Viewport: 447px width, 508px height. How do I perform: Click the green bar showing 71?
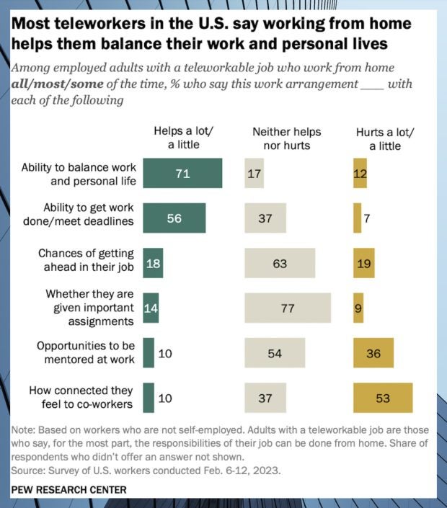coord(182,173)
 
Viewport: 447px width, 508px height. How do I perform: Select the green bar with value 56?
coord(174,218)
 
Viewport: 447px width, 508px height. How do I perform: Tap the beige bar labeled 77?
coord(287,308)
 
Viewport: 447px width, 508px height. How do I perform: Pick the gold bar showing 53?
coord(382,398)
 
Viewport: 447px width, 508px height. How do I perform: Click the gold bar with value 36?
coord(373,353)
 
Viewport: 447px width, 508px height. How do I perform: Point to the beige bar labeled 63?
coord(280,263)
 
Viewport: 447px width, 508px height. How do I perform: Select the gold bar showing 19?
coord(363,263)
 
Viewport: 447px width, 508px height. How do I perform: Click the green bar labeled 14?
coord(150,308)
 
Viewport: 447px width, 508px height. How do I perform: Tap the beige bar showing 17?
coord(254,173)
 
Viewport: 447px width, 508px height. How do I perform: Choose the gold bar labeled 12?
coord(360,173)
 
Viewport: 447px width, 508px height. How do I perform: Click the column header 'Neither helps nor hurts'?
coord(286,139)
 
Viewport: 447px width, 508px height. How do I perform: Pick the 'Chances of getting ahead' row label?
coord(86,263)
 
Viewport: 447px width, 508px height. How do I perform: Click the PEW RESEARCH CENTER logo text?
coord(69,490)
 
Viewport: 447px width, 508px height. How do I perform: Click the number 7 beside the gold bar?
coord(367,218)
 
